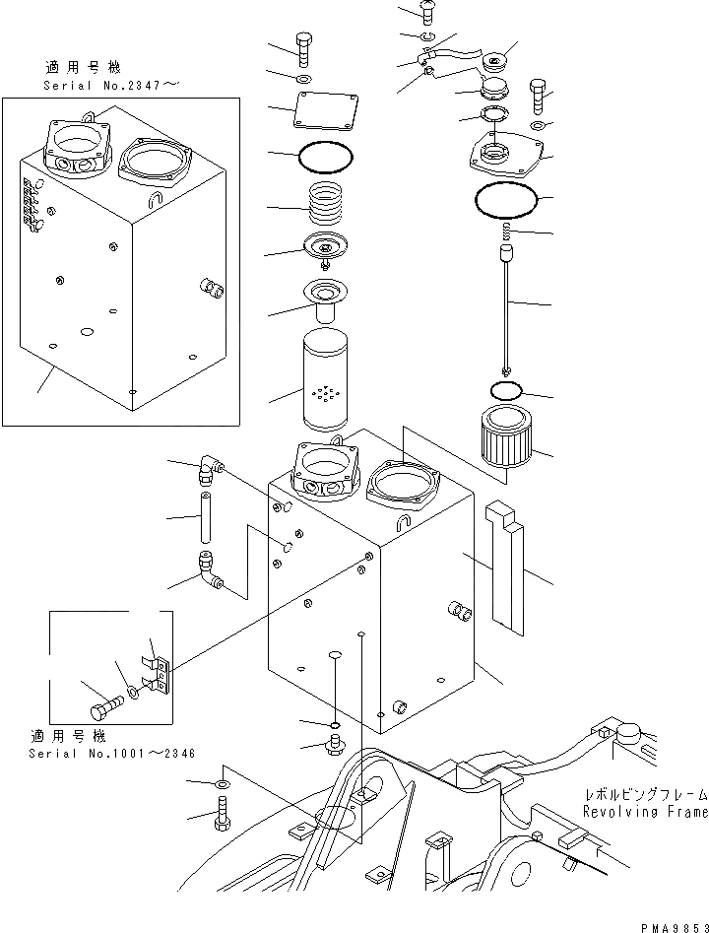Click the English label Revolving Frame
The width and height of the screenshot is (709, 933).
tap(644, 812)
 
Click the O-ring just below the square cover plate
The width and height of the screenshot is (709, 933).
tap(324, 156)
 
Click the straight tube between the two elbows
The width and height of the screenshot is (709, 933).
tap(206, 519)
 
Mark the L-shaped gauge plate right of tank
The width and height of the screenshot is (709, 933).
tap(507, 565)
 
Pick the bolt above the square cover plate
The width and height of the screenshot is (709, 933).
tap(304, 47)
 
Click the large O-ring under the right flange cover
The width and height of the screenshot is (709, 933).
tap(505, 203)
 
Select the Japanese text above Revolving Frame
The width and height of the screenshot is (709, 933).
tap(643, 794)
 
